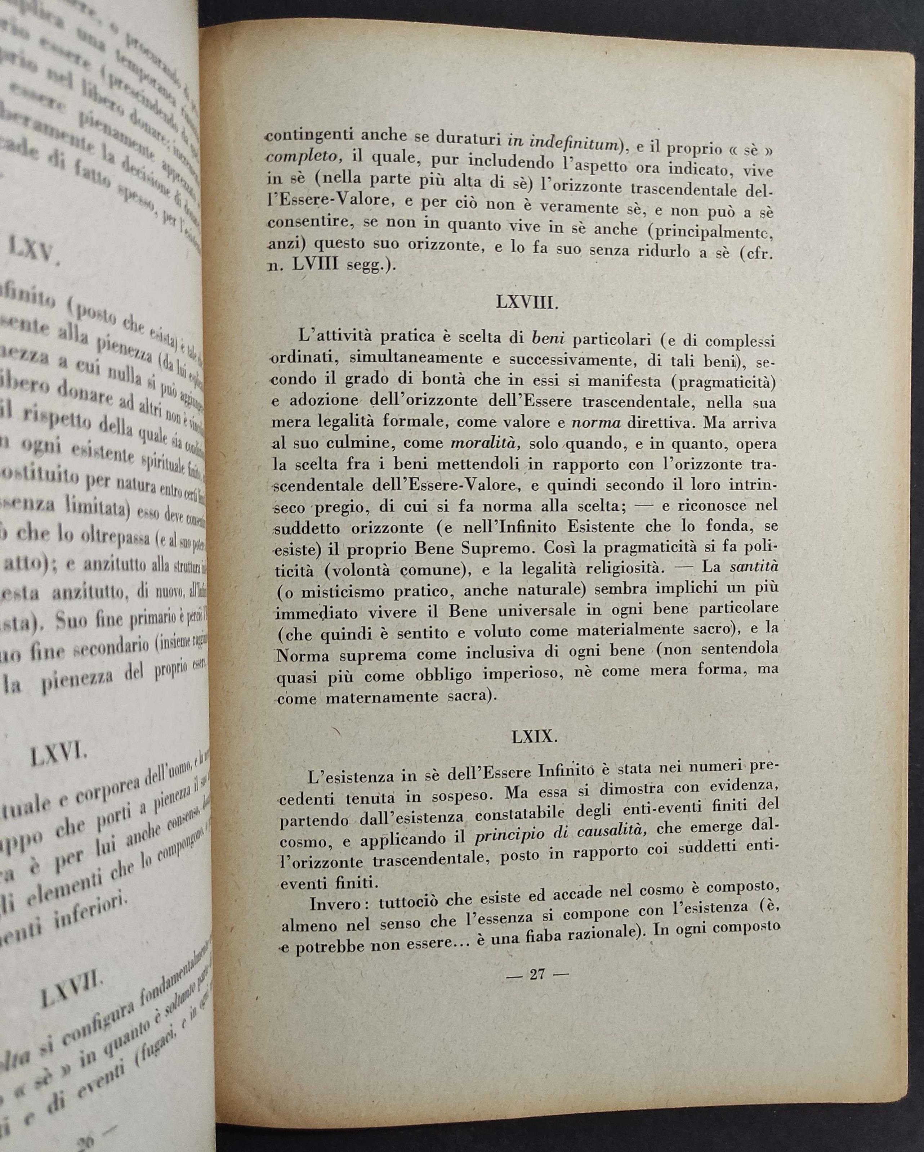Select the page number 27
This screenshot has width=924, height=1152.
[536, 973]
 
